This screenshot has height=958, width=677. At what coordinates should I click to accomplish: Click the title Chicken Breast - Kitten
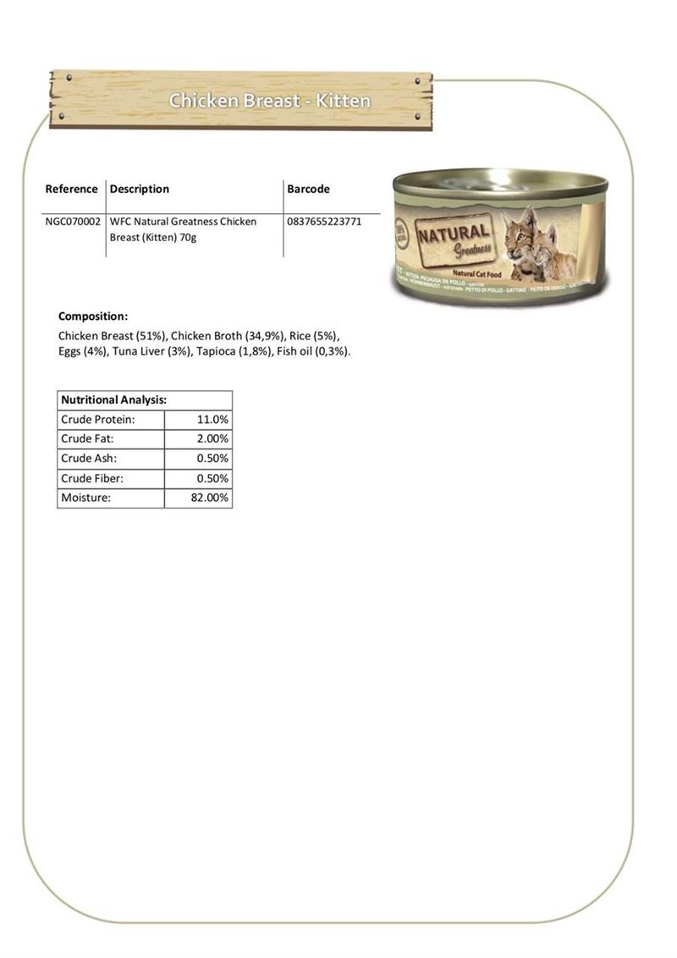click(x=269, y=101)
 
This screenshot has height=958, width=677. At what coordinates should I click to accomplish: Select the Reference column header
click(x=71, y=189)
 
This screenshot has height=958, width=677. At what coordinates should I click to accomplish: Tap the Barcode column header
click(x=308, y=189)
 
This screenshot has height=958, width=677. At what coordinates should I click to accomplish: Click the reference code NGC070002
click(x=73, y=222)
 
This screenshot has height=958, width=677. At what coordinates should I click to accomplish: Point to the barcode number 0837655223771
click(x=324, y=222)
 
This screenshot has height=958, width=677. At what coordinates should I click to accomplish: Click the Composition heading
click(x=93, y=317)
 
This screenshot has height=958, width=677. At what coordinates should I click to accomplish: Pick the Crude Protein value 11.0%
click(x=212, y=419)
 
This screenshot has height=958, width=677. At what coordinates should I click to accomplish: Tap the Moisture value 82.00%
click(x=209, y=498)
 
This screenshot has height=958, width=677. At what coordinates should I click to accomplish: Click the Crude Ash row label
click(x=89, y=459)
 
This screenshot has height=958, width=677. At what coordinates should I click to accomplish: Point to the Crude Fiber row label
click(x=92, y=478)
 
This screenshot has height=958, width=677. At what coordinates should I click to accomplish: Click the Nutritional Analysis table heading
click(x=113, y=399)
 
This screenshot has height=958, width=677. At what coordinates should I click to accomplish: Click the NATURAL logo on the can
click(x=453, y=233)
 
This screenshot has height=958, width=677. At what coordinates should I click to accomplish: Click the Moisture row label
click(x=85, y=498)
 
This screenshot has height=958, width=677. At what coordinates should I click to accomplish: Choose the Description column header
click(x=140, y=189)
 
